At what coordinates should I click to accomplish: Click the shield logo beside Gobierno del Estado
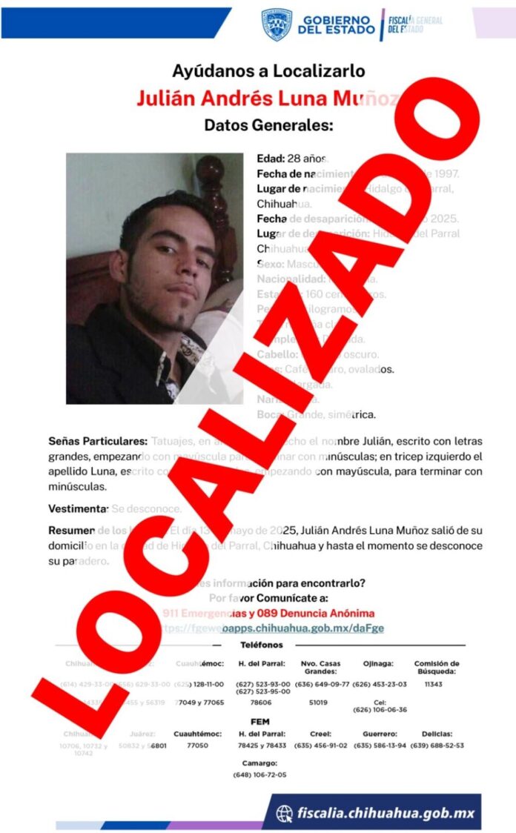coord(276,24)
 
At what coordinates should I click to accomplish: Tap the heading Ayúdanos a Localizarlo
coord(268,71)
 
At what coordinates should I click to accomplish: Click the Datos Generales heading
coord(268,124)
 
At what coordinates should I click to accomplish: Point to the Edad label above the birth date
coord(270,159)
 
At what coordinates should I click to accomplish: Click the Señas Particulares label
coord(98,442)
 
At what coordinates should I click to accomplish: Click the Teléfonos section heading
coord(262,645)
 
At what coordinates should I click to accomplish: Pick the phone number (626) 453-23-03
coord(380,684)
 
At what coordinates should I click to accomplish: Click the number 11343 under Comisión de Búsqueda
coord(434,684)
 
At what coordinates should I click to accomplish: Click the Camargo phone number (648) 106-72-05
coord(259,774)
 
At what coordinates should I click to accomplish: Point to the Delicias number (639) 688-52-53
coord(437,745)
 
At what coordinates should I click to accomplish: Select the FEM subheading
coord(260,721)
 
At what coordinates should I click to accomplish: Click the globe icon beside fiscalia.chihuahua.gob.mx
coord(284,814)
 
